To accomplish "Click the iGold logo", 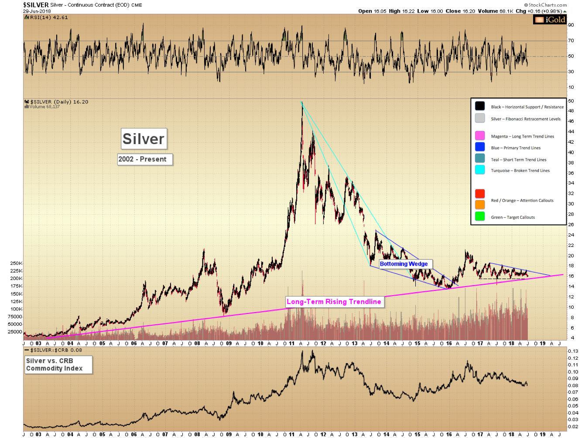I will point(550,20).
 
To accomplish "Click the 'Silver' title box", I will point(144,139).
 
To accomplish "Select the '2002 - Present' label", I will point(143,159).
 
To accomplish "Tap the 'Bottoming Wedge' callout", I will point(404,264).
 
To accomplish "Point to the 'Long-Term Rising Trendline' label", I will point(334,302).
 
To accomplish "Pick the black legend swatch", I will point(480,106).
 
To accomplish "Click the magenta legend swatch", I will point(480,135).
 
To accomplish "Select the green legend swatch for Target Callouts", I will point(480,216).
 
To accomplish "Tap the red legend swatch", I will point(480,194).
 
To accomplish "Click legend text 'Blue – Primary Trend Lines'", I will point(516,148).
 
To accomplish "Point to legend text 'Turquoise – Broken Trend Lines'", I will point(520,171).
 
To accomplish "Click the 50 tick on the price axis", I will point(571,101).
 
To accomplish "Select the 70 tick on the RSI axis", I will point(571,41).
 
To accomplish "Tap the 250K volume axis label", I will point(16,263).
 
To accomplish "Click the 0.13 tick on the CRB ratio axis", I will point(573,351).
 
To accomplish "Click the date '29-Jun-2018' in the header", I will point(37,11).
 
